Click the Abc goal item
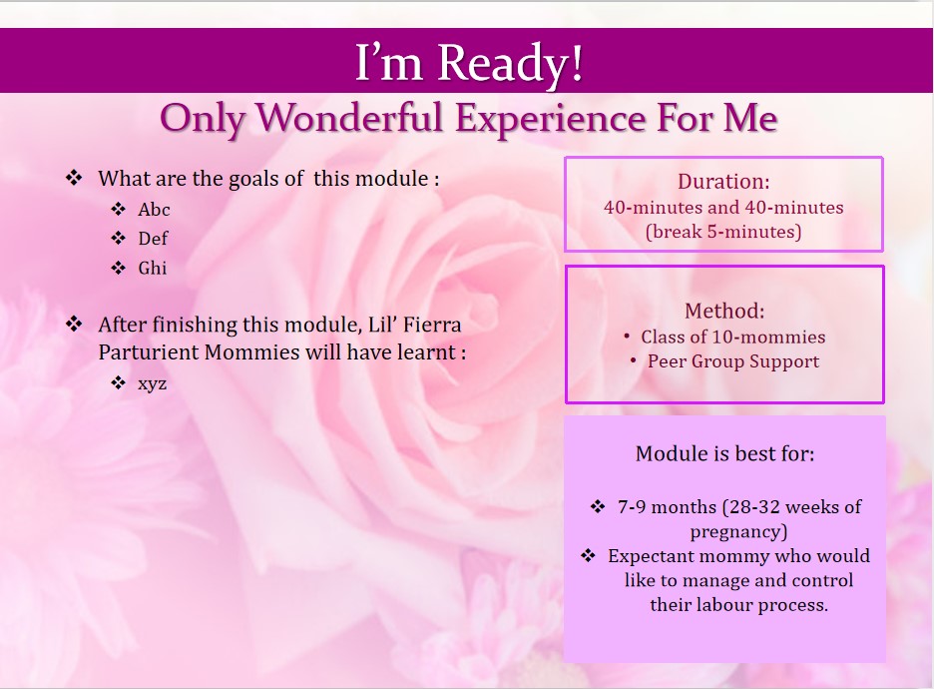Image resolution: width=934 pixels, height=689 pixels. click(154, 210)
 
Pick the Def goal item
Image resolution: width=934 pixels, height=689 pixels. click(153, 239)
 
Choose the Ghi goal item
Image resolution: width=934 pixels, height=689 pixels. click(153, 268)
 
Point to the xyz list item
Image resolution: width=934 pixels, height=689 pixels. click(152, 383)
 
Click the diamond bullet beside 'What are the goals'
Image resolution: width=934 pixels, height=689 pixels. click(74, 178)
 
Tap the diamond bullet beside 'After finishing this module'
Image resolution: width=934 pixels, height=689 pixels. click(74, 324)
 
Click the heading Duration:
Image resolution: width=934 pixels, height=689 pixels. click(723, 181)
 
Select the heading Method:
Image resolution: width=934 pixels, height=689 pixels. click(724, 311)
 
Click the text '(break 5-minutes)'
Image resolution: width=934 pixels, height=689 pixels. click(723, 232)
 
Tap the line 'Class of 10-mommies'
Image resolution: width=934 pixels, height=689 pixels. click(733, 337)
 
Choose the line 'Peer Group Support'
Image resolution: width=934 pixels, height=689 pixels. click(733, 361)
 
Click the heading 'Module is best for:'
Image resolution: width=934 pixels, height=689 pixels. click(724, 453)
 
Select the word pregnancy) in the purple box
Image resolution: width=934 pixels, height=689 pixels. click(738, 531)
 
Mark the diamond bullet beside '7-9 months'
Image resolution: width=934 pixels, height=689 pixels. click(598, 506)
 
